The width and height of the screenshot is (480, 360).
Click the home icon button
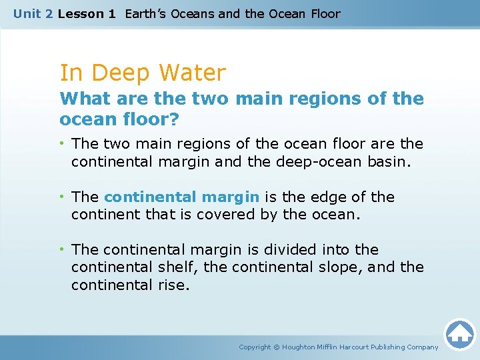click(x=459, y=334)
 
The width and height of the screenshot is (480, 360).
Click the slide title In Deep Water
click(x=143, y=73)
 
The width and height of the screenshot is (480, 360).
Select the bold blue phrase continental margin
click(x=182, y=197)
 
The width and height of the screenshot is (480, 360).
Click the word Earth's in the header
click(x=147, y=13)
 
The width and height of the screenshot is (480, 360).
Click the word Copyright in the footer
click(x=255, y=347)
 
